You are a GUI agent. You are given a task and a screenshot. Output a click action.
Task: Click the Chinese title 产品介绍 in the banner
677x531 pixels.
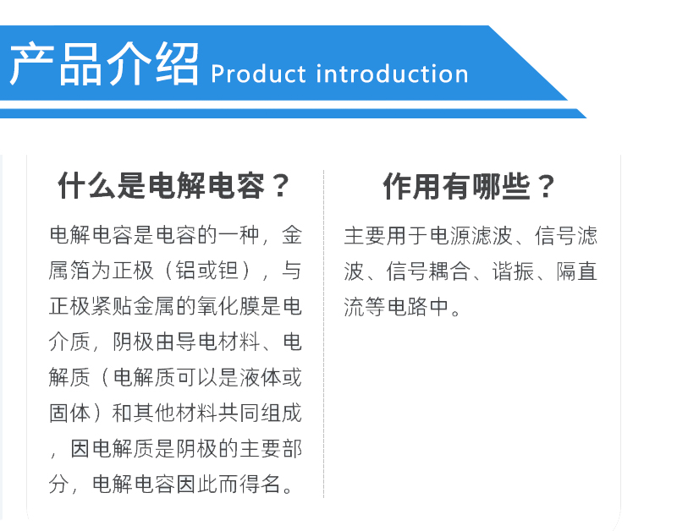point(104,64)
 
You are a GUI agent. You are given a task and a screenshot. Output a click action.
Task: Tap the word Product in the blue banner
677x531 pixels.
point(258,74)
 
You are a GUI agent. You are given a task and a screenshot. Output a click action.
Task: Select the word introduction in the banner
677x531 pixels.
point(392,74)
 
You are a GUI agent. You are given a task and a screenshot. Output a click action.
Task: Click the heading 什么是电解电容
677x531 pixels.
point(160,186)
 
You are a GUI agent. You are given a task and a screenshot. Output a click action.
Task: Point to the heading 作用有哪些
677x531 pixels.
point(456,186)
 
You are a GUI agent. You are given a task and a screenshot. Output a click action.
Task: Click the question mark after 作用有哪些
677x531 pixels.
point(547,187)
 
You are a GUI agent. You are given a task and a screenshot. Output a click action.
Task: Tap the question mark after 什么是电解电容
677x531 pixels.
point(281,186)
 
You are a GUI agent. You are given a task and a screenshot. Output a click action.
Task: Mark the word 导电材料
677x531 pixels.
point(217,342)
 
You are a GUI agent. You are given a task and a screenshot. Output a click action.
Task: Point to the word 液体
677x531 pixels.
point(260,377)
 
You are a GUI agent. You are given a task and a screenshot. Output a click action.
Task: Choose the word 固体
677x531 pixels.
point(70,413)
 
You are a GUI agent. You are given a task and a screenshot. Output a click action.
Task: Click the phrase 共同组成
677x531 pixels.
point(260,413)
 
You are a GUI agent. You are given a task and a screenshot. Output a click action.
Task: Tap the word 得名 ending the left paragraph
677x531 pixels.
point(260,484)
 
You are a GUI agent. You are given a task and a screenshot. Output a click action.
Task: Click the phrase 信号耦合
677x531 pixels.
point(428,271)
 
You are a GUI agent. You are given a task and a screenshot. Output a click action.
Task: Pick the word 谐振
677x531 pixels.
point(513,271)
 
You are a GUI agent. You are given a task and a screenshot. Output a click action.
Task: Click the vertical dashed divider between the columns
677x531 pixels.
point(323,334)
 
